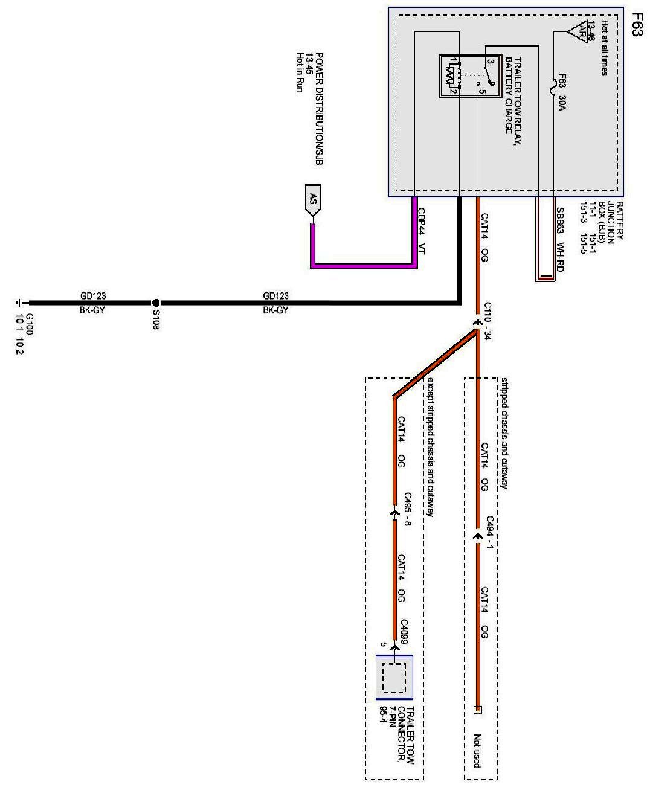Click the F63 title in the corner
pyautogui.click(x=636, y=24)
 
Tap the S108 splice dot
pyautogui.click(x=155, y=303)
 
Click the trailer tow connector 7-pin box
pyautogui.click(x=394, y=677)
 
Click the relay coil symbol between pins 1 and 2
pyautogui.click(x=449, y=75)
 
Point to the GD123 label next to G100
pyautogui.click(x=94, y=296)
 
